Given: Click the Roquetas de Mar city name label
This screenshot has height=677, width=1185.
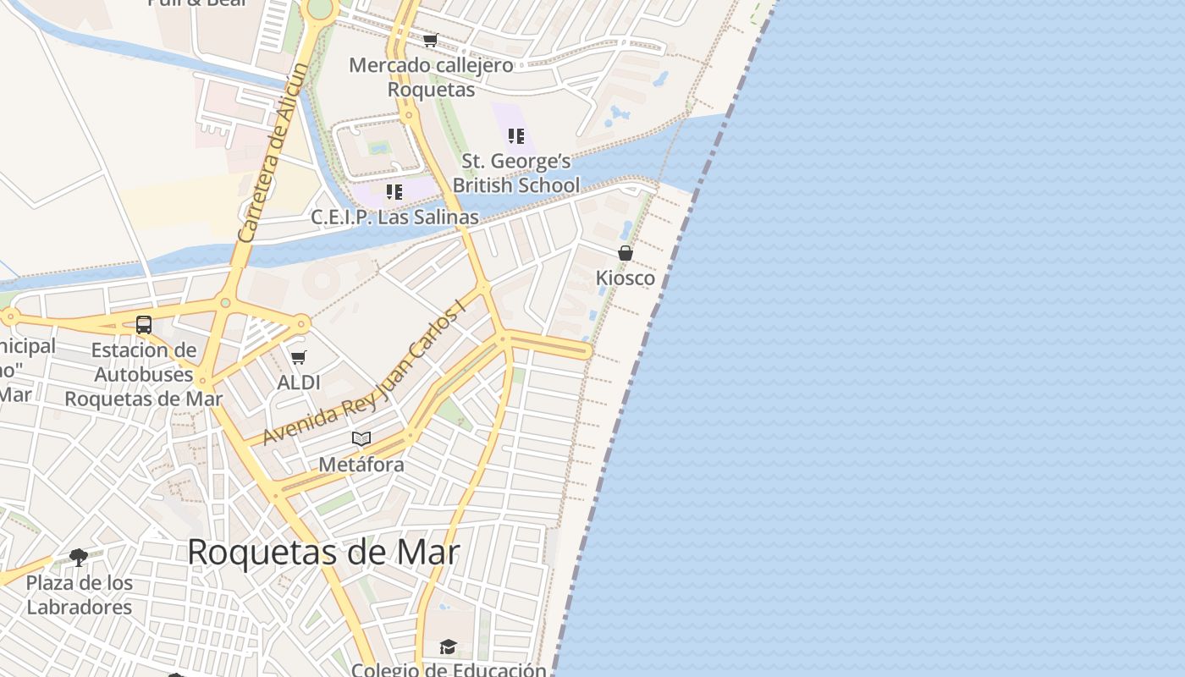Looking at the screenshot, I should coord(323,553).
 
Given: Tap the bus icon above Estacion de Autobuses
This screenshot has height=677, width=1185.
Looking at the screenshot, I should coord(144,325).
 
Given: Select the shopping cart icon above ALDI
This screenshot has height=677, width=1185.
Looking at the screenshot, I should coord(298,358).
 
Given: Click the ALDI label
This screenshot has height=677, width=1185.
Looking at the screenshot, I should coord(299,383).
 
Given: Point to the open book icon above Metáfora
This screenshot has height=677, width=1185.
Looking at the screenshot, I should coord(361,439).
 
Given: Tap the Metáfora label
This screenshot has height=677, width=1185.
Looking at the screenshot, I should coord(361,465).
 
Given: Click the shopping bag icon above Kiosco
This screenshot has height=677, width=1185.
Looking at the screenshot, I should coord(626,253).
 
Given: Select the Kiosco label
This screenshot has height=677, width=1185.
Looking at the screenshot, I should coord(626,278).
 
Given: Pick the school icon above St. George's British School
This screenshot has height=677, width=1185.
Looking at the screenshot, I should coord(516,136).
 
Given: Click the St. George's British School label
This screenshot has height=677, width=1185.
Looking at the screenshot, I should coord(516,173).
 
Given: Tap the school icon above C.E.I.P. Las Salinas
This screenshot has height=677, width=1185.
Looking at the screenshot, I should coord(394,192).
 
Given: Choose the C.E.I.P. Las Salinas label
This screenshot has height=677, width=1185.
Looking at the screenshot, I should coord(394,217).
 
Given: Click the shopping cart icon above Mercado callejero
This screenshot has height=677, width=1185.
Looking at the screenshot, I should coord(431,40).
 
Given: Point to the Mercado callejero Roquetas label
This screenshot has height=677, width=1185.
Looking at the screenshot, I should coord(431,77).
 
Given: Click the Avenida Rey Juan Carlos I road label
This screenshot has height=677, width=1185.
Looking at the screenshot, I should coord(366,372).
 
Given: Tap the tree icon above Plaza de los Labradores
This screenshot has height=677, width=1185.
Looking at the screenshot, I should coord(79,558).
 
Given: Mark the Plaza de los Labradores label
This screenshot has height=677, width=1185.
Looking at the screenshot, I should coord(79,595).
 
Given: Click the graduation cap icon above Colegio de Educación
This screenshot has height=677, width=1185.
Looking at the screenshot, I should coord(448,647).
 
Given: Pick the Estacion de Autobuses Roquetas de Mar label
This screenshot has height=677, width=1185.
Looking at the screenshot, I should coord(144,374).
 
